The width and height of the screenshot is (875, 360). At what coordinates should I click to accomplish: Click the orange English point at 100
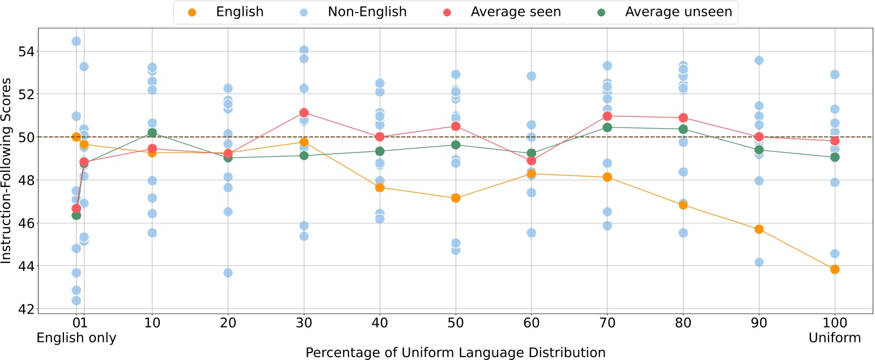tap(835, 269)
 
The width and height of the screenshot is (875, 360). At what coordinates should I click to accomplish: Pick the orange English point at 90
tap(759, 229)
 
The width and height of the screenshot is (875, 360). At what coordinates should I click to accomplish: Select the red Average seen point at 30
tap(304, 113)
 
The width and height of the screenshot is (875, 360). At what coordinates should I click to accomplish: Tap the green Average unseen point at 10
tap(152, 133)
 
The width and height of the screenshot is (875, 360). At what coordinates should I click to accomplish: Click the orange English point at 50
tap(456, 198)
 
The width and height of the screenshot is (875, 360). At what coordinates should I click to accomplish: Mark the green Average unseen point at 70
tap(607, 127)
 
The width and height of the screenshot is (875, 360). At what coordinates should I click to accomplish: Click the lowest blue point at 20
tap(228, 273)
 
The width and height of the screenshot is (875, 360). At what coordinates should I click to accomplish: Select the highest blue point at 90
tap(759, 60)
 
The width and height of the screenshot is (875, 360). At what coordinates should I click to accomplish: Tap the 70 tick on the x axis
tap(607, 322)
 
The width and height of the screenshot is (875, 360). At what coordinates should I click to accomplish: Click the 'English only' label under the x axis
tap(76, 338)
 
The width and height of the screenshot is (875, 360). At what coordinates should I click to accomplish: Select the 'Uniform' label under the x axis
tap(835, 338)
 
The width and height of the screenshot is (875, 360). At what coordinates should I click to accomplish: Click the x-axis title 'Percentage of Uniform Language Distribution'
tap(456, 353)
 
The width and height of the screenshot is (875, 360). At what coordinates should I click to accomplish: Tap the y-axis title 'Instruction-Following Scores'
tap(7, 168)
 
